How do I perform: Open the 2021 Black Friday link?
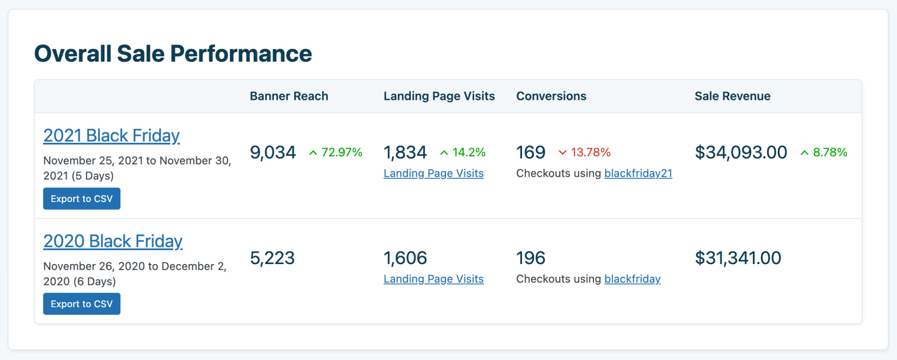[x=111, y=136]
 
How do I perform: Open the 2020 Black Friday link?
[x=113, y=241]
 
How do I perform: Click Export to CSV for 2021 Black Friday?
[x=81, y=199]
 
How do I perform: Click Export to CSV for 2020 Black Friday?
[x=81, y=304]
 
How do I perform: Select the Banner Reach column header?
[x=289, y=96]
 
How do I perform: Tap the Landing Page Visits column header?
[x=439, y=96]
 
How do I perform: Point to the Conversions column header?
[x=551, y=96]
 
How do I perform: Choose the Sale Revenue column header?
[x=732, y=96]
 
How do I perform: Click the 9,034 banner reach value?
[x=273, y=152]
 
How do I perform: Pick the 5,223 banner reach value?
[x=272, y=258]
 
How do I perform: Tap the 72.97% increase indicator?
[x=336, y=152]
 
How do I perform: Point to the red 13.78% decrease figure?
[x=585, y=152]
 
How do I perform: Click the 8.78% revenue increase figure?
[x=824, y=152]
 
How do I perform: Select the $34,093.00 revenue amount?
[x=741, y=152]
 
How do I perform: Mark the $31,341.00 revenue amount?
[x=738, y=258]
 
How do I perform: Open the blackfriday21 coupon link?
[x=638, y=173]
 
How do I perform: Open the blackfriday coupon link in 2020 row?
[x=632, y=279]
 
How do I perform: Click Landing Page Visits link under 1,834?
[x=434, y=173]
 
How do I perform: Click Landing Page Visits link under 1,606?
[x=434, y=279]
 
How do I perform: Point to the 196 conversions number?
[x=530, y=258]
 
